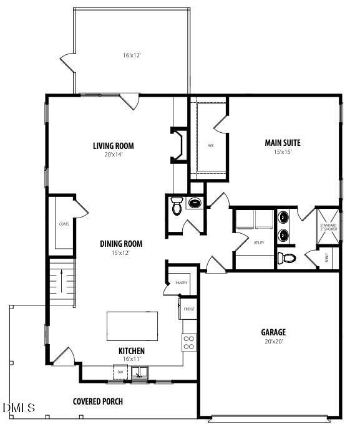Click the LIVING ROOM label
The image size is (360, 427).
click(x=114, y=146)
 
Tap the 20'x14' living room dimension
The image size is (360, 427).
click(x=114, y=155)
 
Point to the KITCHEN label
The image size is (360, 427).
click(x=132, y=351)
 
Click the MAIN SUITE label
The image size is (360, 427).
click(x=283, y=142)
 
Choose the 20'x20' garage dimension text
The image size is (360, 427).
click(x=273, y=341)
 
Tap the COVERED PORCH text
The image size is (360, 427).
click(x=98, y=401)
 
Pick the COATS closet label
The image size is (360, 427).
click(x=64, y=224)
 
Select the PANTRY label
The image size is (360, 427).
click(x=181, y=283)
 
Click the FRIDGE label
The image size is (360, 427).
click(x=188, y=309)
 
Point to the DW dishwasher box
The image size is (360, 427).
click(x=120, y=372)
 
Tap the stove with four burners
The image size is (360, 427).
click(x=189, y=342)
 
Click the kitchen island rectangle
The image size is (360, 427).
click(x=132, y=325)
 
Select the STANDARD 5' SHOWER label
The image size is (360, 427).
click(x=328, y=227)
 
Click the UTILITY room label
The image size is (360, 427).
click(x=258, y=242)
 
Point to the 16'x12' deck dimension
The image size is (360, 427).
click(x=132, y=55)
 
